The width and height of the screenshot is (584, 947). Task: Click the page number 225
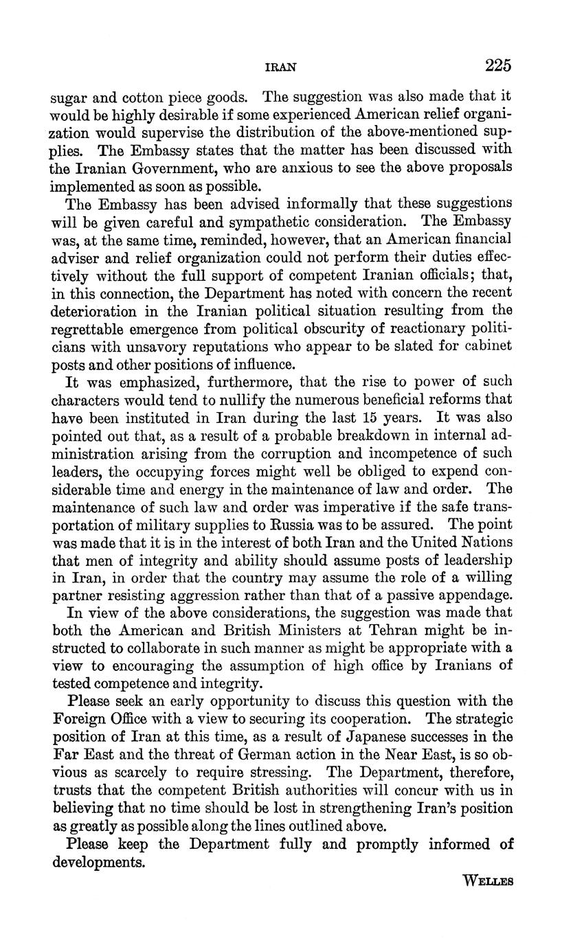498,65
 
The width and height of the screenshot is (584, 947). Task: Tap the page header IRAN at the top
280,67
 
